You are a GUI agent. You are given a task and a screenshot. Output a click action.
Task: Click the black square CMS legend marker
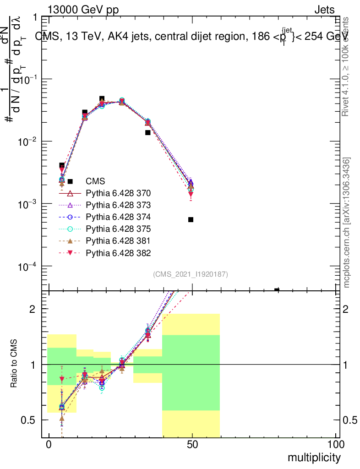(x=70, y=181)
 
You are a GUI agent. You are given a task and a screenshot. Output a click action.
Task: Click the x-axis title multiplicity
(x=314, y=458)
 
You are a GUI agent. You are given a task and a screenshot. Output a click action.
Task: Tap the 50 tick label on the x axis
(x=192, y=445)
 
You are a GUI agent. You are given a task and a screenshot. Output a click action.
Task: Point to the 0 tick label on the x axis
(x=49, y=445)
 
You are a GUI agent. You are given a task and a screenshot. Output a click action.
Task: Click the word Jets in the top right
(x=324, y=10)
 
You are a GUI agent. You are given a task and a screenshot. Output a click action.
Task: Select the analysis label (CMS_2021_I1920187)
(x=191, y=274)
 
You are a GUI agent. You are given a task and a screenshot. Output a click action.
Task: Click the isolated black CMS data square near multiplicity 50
(x=191, y=220)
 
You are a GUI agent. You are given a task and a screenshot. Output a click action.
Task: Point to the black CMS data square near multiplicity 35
(x=148, y=133)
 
